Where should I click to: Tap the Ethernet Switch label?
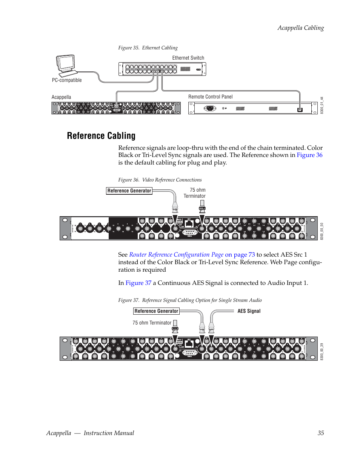click(188, 58)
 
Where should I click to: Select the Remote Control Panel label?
click(210, 97)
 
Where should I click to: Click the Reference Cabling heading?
click(101, 135)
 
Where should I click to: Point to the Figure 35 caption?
click(148, 48)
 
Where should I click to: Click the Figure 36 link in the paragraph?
click(309, 155)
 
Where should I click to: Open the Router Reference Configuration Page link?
click(176, 255)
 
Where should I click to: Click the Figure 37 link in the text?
click(138, 283)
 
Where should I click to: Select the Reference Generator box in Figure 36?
click(129, 191)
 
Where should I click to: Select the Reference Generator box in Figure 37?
click(156, 311)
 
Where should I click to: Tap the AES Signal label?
click(249, 311)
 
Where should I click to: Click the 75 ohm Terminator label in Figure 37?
click(152, 323)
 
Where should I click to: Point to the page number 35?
click(320, 433)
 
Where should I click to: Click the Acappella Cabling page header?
click(300, 28)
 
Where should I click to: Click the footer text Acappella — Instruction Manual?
click(90, 433)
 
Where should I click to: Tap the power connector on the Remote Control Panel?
click(210, 109)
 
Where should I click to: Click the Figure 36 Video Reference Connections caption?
click(160, 180)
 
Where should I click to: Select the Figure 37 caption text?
click(189, 300)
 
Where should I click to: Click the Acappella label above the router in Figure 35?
click(61, 97)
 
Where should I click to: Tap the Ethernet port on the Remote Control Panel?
click(300, 110)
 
